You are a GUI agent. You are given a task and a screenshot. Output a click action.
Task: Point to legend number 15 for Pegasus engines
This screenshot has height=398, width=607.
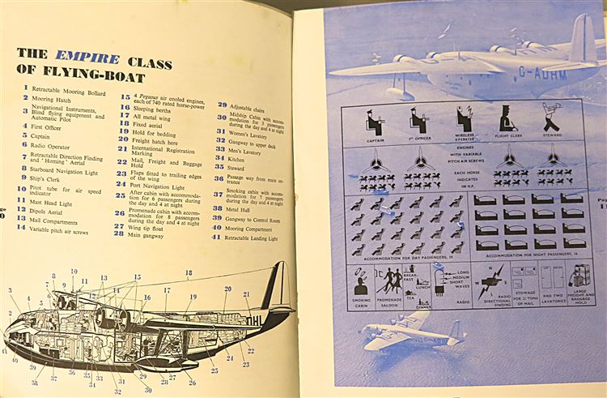point(125,96)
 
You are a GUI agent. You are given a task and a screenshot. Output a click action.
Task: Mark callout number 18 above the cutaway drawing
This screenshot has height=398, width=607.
point(189,273)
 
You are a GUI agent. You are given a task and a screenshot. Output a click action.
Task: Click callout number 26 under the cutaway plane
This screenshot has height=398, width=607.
point(192,383)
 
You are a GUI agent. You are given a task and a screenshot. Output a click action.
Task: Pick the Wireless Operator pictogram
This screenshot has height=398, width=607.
point(465,122)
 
